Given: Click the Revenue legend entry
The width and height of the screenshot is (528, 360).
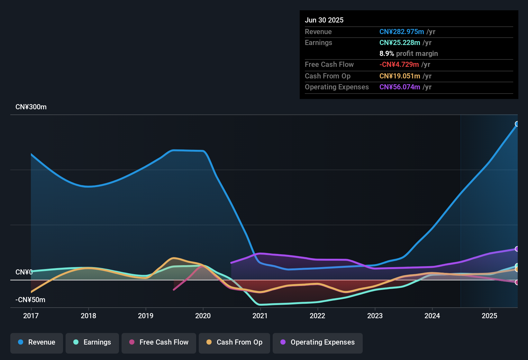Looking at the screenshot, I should (x=37, y=342).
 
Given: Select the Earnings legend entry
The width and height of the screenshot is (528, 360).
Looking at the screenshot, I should (x=92, y=342).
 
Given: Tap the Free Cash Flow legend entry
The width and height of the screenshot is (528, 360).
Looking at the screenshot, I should (x=159, y=342).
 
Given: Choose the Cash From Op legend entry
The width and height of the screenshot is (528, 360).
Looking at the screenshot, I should (x=234, y=342).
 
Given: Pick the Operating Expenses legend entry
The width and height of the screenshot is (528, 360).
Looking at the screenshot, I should (x=318, y=342).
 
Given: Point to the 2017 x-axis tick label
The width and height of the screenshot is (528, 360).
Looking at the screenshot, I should (x=31, y=316).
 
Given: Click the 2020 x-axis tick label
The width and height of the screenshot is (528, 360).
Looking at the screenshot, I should (x=203, y=316).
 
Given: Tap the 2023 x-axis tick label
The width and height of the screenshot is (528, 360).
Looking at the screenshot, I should (x=375, y=316).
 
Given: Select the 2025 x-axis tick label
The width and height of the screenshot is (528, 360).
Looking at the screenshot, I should (x=489, y=316).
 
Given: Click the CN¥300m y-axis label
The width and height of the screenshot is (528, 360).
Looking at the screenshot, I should (x=31, y=107).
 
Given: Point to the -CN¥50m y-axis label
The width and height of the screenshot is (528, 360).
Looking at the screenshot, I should (x=30, y=300).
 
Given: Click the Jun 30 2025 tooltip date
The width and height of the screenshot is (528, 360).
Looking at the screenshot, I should (x=324, y=20).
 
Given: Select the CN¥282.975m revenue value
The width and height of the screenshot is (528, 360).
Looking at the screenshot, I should (x=402, y=32).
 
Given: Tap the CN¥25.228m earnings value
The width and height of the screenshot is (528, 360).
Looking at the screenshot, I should (x=400, y=43).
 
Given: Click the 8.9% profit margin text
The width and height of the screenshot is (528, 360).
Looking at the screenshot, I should (x=408, y=54).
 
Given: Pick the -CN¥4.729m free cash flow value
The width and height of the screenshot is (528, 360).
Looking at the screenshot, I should (x=399, y=65).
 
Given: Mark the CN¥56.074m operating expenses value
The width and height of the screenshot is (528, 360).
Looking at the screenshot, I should (x=400, y=87).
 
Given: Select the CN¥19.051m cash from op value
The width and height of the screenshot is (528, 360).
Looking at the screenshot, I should (x=400, y=76).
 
